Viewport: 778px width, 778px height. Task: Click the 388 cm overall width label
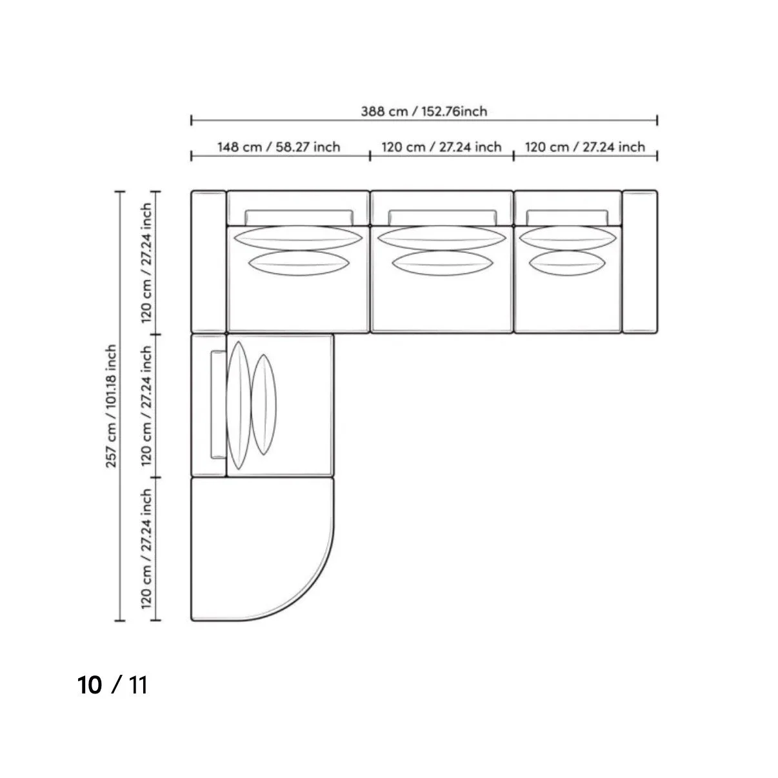point(424,111)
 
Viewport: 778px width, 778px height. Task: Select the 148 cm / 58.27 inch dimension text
point(279,147)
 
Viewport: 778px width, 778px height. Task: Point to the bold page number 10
point(90,685)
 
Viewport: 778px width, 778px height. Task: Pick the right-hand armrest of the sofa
point(639,261)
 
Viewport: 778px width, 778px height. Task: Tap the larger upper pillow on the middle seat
point(442,237)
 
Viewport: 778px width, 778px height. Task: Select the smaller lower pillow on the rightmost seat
point(568,263)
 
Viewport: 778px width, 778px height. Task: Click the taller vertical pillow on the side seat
point(238,405)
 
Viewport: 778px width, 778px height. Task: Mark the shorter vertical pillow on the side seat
point(264,404)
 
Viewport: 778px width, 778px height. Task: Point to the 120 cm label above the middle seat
point(442,147)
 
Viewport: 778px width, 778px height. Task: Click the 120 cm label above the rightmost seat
point(585,147)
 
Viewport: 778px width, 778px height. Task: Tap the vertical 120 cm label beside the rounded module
point(147,549)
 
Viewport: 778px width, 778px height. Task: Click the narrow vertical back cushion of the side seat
point(217,404)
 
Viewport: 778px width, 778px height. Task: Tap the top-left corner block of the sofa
point(208,261)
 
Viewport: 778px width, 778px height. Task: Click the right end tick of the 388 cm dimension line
point(657,120)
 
